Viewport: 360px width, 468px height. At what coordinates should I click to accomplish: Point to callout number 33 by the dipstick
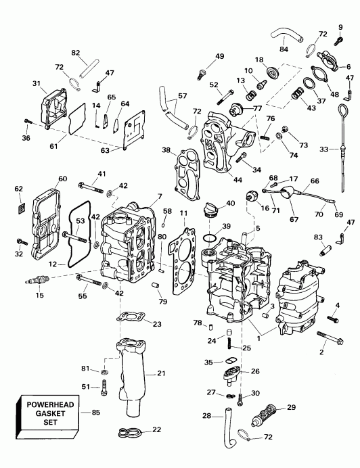click(325, 149)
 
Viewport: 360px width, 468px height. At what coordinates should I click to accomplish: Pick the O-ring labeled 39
click(211, 238)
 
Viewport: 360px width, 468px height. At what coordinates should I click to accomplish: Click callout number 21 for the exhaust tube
click(161, 373)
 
